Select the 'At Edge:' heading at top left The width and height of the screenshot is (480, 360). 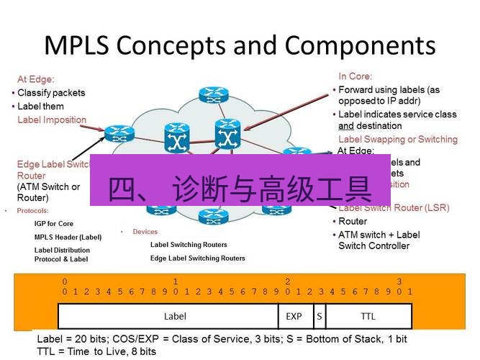(x=36, y=79)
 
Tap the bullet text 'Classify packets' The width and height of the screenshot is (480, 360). (x=51, y=93)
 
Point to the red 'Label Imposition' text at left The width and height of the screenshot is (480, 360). (x=52, y=120)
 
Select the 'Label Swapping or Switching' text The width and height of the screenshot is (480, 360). (x=397, y=139)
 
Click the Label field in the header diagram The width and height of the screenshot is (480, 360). (x=175, y=316)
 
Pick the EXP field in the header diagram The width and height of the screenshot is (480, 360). (x=294, y=316)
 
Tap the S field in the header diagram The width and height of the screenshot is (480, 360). (x=318, y=316)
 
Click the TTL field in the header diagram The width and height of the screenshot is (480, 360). (x=368, y=316)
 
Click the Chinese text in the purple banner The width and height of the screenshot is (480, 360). (x=240, y=189)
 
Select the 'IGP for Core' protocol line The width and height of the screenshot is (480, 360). (x=54, y=224)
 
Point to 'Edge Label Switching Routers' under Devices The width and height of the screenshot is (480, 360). (x=197, y=258)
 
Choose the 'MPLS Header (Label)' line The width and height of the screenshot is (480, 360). (x=68, y=236)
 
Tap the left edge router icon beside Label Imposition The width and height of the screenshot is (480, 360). (x=115, y=133)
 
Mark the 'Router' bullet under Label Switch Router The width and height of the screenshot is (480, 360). (x=353, y=221)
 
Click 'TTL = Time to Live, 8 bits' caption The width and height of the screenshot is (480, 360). (x=96, y=351)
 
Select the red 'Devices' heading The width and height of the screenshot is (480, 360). (x=144, y=232)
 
